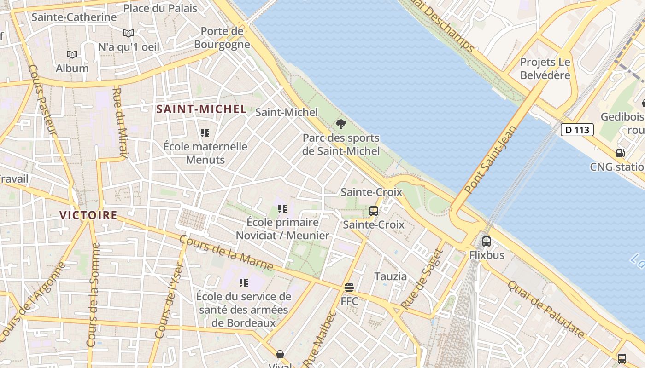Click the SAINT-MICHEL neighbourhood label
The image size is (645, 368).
click(201, 109)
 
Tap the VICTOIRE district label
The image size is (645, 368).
click(88, 215)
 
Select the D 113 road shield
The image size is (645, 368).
click(577, 130)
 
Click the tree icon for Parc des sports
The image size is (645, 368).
click(341, 124)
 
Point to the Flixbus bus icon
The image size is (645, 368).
click(487, 241)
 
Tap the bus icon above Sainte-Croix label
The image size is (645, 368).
click(374, 211)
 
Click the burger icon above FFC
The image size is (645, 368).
click(349, 288)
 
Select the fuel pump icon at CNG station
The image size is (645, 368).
click(621, 153)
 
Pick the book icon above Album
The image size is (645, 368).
click(72, 54)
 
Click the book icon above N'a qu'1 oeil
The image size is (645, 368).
click(129, 33)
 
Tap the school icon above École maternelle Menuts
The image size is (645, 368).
click(205, 133)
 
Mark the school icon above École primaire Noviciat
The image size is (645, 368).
click(282, 209)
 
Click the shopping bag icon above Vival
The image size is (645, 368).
click(280, 354)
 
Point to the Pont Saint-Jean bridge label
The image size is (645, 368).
click(491, 159)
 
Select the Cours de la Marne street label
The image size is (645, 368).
click(226, 253)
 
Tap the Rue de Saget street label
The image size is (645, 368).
click(422, 279)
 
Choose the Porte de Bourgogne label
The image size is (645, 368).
click(222, 38)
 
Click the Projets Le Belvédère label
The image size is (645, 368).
click(545, 69)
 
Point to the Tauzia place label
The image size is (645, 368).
click(390, 276)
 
